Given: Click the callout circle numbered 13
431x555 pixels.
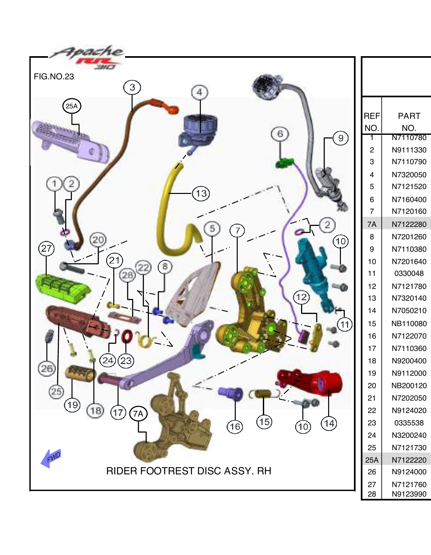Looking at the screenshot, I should tap(201, 194).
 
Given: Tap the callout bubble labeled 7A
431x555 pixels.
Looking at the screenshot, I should tap(138, 414).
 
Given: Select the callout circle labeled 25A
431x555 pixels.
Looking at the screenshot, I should tap(72, 106).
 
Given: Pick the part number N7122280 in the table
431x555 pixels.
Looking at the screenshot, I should tap(409, 224).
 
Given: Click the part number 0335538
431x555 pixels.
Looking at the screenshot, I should tap(409, 423).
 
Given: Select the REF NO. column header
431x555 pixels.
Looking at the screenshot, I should tap(372, 122).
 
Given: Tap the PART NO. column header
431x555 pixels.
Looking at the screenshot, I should tap(409, 122).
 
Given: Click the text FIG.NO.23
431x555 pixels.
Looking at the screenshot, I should tap(54, 77).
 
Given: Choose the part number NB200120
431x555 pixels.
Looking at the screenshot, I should tap(409, 386).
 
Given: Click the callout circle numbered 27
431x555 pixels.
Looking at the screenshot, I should tap(46, 248).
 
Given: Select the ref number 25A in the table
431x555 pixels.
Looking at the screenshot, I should tap(372, 460).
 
